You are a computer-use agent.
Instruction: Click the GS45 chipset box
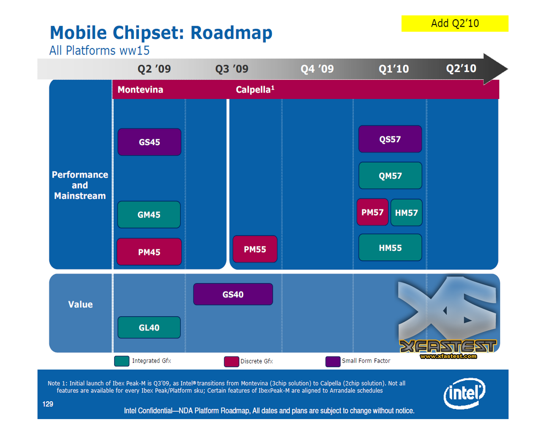149,142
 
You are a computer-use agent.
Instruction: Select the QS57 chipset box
390,139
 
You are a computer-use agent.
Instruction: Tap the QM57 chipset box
390,175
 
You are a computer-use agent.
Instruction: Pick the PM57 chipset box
372,212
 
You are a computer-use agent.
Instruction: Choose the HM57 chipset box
406,213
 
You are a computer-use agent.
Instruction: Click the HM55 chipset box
390,247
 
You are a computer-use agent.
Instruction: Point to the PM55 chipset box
255,249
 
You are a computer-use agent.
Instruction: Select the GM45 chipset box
149,215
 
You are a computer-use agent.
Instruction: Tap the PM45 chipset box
149,252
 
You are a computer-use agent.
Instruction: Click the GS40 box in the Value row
233,294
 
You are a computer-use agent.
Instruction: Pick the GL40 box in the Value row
149,327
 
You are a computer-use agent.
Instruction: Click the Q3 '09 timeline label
232,69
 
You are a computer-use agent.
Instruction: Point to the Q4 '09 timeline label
317,69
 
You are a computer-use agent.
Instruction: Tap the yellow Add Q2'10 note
455,23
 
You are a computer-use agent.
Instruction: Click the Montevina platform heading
140,90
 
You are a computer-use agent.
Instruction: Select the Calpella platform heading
255,90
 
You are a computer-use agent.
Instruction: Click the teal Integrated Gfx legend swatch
122,361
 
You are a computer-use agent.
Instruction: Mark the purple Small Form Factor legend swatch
333,362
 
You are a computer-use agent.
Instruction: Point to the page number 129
48,404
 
